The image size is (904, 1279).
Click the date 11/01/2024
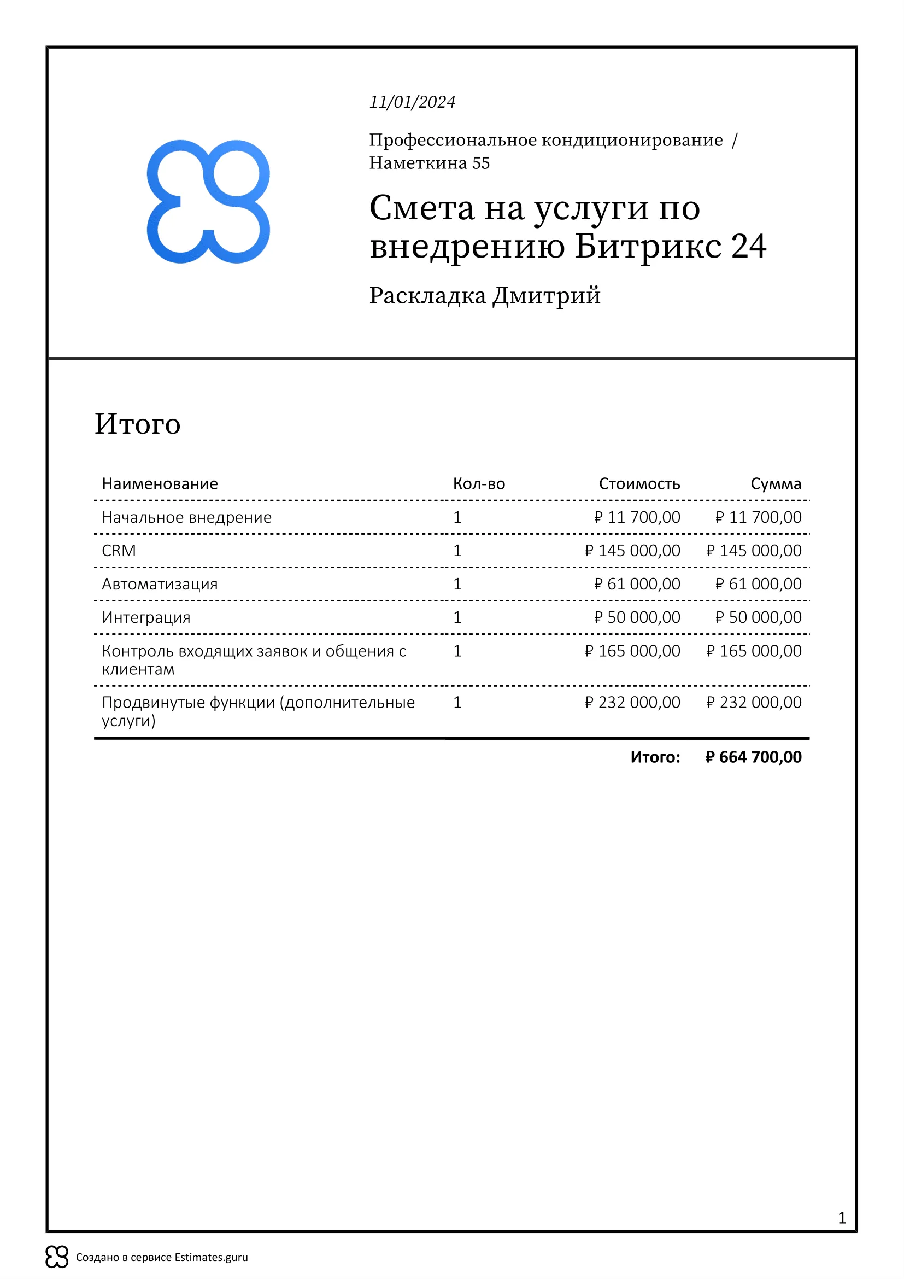[413, 102]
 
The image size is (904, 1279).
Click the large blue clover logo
[208, 202]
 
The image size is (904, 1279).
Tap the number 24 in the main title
[749, 246]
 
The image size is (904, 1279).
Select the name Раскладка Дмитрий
[485, 295]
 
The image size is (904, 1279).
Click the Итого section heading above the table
[138, 424]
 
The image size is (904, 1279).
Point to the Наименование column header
[160, 483]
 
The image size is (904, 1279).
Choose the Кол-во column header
[479, 483]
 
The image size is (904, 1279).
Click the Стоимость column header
[639, 483]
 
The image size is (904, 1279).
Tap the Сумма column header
[776, 483]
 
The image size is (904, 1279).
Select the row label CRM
[119, 551]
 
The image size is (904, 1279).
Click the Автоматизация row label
[160, 584]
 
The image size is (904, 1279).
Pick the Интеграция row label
[146, 617]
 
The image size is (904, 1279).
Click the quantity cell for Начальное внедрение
[457, 517]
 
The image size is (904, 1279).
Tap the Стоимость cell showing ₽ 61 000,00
[637, 584]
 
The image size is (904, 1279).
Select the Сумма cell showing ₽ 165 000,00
[754, 651]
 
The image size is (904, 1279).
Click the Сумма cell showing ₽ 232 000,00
[754, 702]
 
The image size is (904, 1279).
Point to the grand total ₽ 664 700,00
[753, 757]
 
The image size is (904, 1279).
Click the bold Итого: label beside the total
[655, 757]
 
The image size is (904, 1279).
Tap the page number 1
[842, 1218]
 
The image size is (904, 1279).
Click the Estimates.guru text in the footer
[211, 1257]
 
